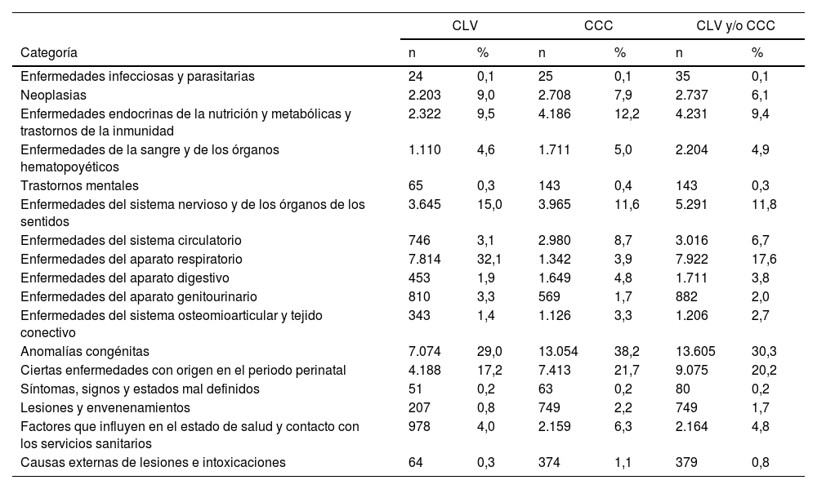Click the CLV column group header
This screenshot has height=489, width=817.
[x=465, y=26]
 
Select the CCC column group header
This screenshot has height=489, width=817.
[x=599, y=26]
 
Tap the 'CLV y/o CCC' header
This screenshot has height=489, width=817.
[x=735, y=26]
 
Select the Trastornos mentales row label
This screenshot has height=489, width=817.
[x=79, y=185]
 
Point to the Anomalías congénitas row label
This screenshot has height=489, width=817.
[x=85, y=351]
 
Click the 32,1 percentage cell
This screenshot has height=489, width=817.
[x=489, y=259]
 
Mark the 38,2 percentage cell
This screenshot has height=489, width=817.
[x=627, y=351]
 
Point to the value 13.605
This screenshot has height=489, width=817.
[x=694, y=351]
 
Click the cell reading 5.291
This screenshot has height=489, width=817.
[x=690, y=204]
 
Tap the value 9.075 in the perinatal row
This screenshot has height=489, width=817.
[x=690, y=370]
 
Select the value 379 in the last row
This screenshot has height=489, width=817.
[x=685, y=462]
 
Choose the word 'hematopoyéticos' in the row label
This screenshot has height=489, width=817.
[x=64, y=167]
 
